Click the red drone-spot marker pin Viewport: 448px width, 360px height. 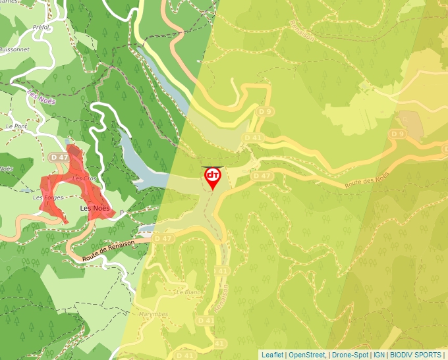pos(213,177)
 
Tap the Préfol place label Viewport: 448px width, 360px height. pos(40,27)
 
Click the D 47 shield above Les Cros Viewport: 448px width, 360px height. pos(59,157)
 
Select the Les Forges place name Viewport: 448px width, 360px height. pos(47,197)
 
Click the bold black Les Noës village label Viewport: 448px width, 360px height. pos(94,209)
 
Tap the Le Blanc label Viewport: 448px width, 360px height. pos(188,291)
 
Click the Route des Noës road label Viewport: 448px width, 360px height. pos(366,180)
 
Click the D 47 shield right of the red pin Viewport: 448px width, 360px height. pos(262,176)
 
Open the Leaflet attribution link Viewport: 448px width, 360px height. pos(272,355)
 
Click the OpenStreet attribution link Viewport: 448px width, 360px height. pos(306,355)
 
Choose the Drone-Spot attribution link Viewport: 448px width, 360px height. pos(350,355)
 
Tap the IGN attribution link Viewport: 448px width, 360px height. pos(379,355)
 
